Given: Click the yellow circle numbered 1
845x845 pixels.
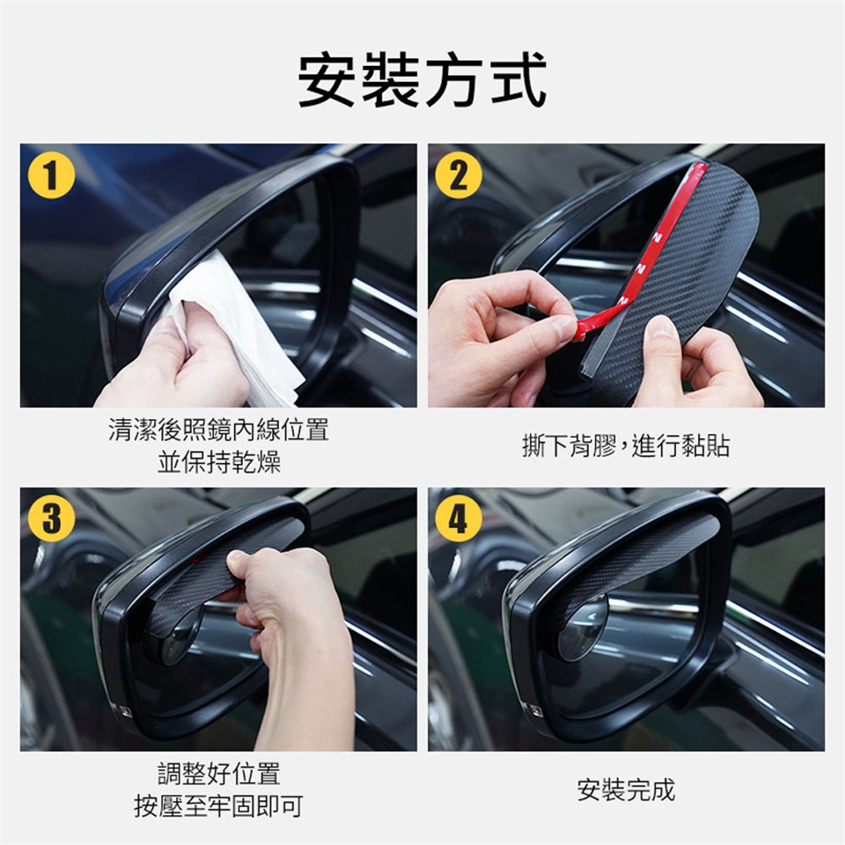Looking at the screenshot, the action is [51, 175].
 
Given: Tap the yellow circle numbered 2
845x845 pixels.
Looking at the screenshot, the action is [459, 175].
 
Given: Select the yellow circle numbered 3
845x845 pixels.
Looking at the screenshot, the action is [51, 518].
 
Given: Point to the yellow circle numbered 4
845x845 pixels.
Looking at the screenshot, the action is [459, 518].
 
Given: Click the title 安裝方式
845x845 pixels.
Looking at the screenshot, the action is [422, 80].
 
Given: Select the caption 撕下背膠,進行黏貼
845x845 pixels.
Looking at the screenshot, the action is [626, 446].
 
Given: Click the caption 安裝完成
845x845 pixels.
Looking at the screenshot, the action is [626, 790].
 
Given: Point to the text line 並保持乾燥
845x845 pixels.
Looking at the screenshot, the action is [219, 462].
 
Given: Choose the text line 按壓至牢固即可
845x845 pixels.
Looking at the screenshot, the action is [218, 806].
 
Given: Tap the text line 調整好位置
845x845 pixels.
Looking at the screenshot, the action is [219, 774].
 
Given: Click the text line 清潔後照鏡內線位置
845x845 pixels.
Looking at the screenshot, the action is [219, 430].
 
